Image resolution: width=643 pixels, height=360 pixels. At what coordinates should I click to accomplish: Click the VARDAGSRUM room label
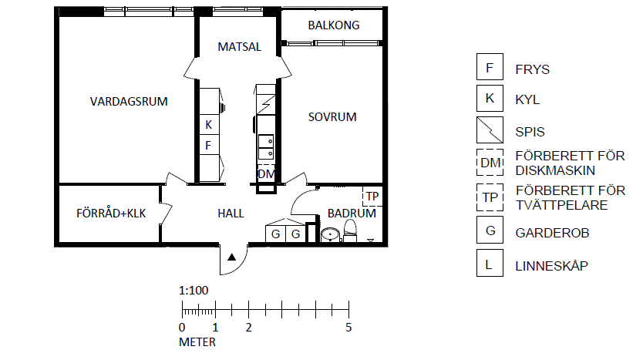(x=129, y=101)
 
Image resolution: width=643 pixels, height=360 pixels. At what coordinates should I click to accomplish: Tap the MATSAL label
(x=240, y=47)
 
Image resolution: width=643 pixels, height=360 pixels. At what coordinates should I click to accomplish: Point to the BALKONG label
(x=334, y=25)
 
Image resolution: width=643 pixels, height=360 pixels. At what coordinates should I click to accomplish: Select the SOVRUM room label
(x=332, y=117)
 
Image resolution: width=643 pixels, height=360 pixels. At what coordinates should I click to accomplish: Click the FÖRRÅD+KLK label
(x=111, y=214)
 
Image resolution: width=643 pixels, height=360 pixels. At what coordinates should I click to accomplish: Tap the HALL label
(x=231, y=214)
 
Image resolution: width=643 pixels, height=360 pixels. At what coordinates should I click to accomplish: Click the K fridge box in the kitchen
(x=209, y=124)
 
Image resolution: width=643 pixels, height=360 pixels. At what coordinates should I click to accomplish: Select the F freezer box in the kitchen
(x=209, y=145)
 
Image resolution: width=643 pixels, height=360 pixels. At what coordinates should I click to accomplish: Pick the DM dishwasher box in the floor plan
(x=266, y=174)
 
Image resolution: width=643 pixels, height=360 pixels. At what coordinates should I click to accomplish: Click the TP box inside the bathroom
(x=372, y=197)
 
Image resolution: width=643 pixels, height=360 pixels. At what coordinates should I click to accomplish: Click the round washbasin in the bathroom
(x=331, y=235)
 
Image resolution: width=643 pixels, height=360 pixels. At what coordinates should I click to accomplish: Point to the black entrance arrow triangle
(x=232, y=257)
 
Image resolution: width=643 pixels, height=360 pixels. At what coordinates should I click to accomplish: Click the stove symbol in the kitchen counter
(x=266, y=104)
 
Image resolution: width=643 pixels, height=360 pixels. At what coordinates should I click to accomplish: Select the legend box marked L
(x=490, y=263)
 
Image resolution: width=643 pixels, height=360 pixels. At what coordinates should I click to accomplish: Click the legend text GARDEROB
(x=552, y=233)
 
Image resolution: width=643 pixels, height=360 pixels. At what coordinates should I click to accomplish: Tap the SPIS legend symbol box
(x=490, y=130)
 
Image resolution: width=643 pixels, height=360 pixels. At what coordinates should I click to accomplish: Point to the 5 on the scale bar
(x=348, y=327)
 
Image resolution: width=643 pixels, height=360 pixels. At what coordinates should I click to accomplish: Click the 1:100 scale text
(x=194, y=291)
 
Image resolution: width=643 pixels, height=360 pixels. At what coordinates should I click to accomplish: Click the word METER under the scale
(x=197, y=342)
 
